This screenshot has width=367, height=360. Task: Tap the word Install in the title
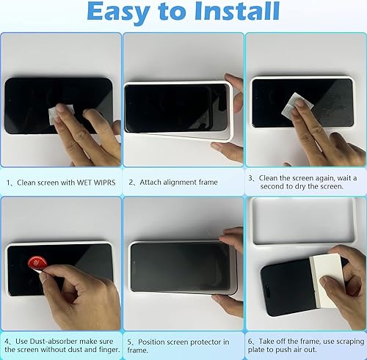233,13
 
